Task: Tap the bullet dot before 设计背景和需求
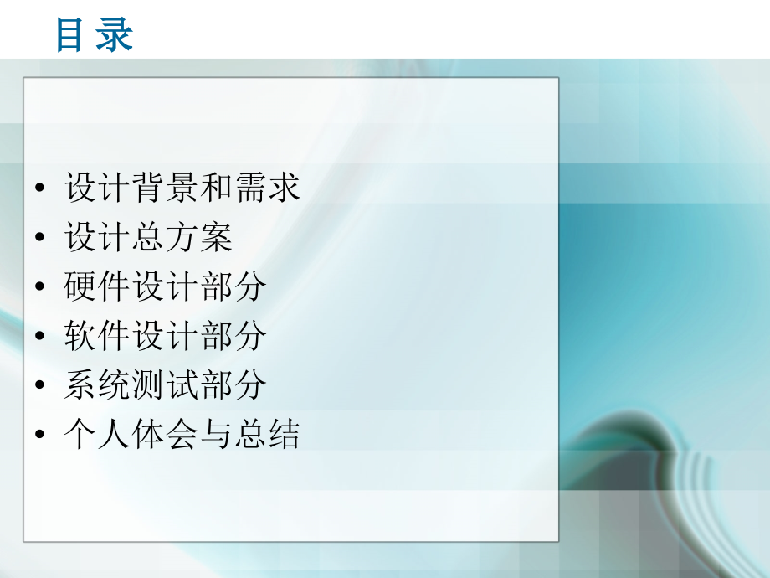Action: [x=41, y=189]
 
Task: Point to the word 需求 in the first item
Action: [x=266, y=188]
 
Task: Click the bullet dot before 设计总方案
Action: [x=41, y=239]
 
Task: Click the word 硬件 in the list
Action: [x=98, y=287]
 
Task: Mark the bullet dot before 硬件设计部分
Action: [x=41, y=288]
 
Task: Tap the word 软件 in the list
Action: [x=98, y=337]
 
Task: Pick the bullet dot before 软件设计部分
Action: [x=41, y=338]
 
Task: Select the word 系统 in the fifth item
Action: [x=98, y=386]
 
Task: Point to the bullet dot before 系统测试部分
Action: [x=41, y=387]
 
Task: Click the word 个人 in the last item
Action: [x=98, y=436]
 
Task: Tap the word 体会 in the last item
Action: [x=165, y=436]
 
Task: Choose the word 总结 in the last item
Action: [x=266, y=436]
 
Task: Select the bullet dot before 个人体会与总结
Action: [x=41, y=436]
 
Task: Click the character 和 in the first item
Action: [x=216, y=188]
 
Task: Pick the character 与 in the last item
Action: [x=216, y=436]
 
